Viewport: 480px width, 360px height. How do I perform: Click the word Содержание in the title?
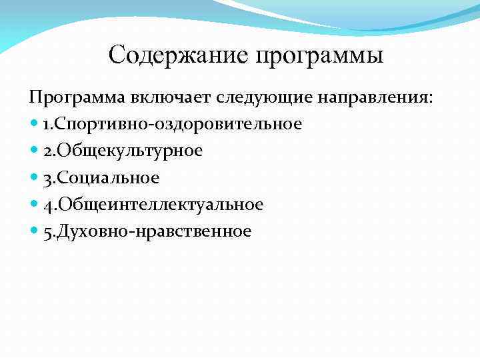[x=178, y=55]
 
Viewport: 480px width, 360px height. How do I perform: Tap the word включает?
[x=172, y=97]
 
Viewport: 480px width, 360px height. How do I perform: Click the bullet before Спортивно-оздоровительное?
[x=34, y=125]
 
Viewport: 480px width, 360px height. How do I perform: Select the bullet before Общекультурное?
[x=34, y=151]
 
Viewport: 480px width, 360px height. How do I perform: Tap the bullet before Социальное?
[x=34, y=178]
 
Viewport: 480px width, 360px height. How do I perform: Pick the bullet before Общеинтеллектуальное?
[x=34, y=205]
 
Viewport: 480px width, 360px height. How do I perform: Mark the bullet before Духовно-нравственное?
[x=34, y=231]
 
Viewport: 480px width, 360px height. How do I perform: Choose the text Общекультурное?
[x=130, y=151]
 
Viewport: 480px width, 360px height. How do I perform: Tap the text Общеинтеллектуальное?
[x=161, y=205]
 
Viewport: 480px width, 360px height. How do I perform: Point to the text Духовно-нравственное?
[x=155, y=231]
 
